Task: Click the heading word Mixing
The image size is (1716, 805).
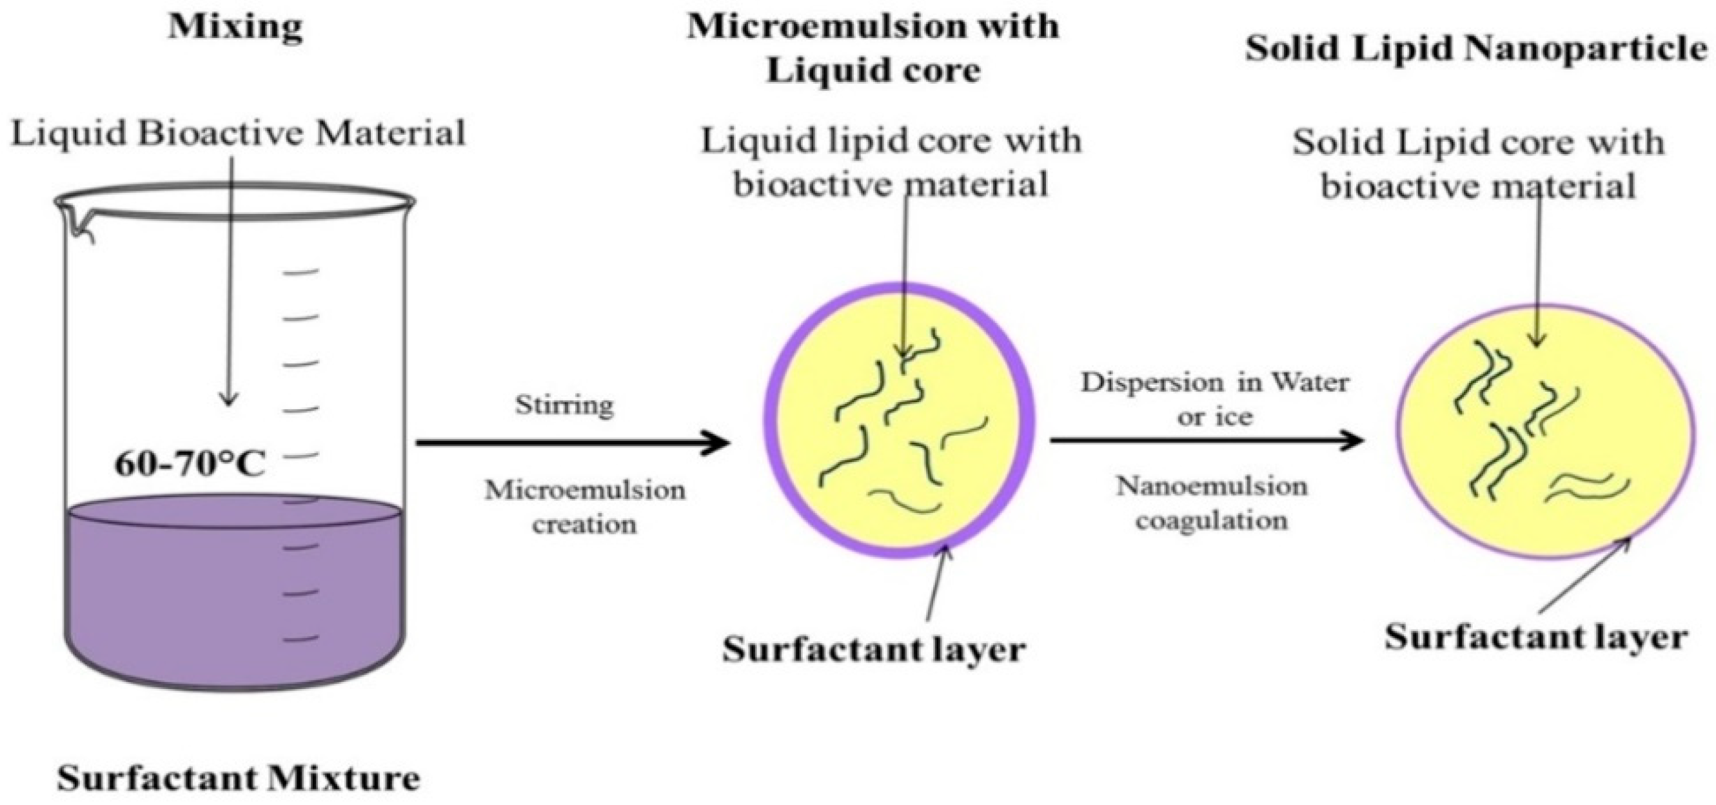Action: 235,28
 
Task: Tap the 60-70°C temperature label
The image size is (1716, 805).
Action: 190,464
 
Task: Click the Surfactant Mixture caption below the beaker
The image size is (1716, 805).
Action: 239,778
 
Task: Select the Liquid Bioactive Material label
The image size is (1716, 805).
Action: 238,134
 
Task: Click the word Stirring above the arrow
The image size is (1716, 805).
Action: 564,405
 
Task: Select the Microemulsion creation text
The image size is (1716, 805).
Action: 584,506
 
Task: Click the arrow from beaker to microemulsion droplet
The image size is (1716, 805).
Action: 573,442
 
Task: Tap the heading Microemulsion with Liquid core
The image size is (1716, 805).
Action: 873,48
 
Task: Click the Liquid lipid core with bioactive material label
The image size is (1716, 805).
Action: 891,162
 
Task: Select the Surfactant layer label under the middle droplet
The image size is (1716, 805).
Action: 873,649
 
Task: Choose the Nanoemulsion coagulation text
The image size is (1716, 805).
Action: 1212,503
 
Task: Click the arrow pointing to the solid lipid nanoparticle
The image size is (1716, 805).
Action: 1206,440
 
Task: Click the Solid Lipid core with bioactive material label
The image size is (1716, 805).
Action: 1478,164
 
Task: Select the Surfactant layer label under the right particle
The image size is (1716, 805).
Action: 1535,637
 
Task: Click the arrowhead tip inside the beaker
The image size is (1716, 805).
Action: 229,402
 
